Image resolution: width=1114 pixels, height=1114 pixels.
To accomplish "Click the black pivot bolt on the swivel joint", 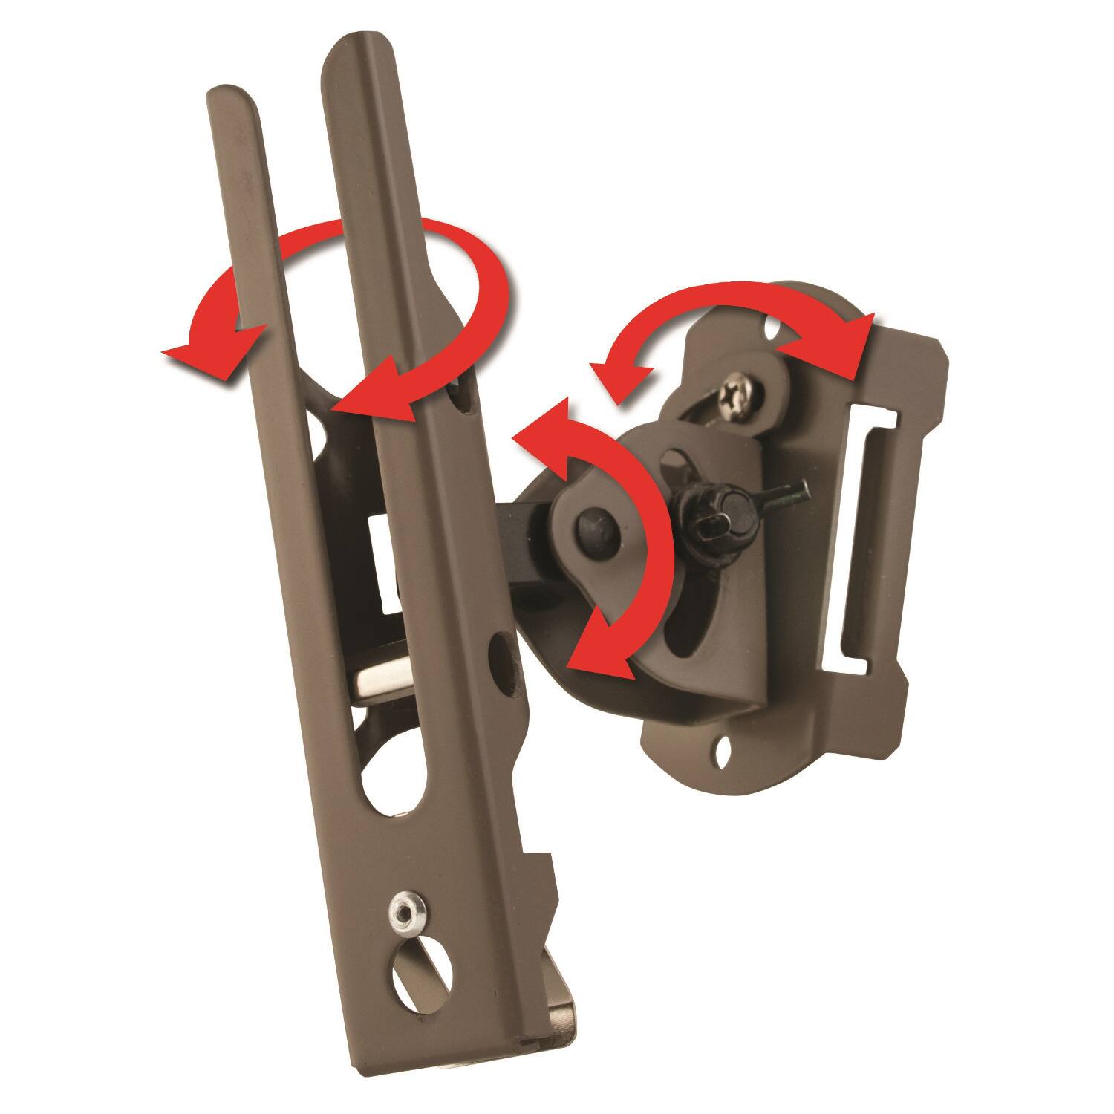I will (594, 526).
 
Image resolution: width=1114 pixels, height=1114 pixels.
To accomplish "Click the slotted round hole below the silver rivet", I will (411, 965).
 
